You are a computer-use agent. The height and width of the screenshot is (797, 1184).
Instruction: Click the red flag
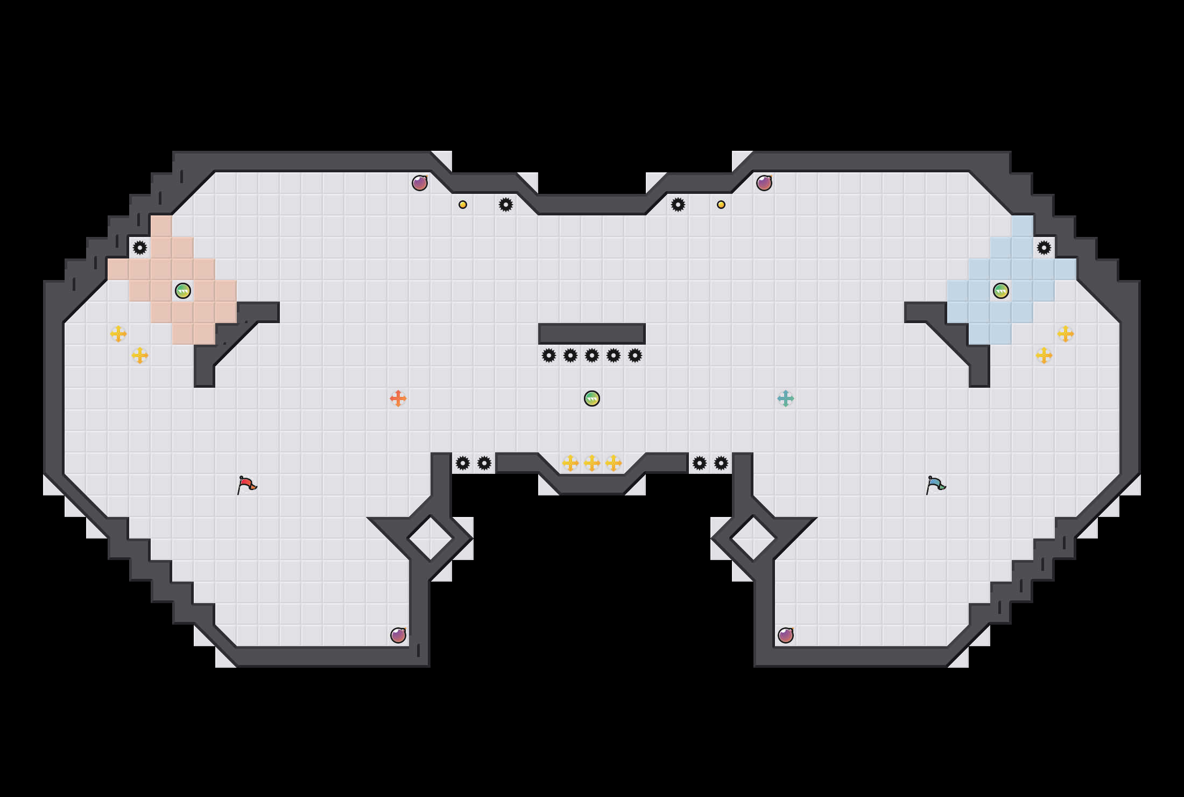tap(246, 485)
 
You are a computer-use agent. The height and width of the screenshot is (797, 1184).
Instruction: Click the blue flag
tap(935, 485)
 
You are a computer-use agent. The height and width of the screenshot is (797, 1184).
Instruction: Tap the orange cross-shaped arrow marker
tap(398, 398)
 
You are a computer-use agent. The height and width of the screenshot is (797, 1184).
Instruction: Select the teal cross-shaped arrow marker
tap(786, 398)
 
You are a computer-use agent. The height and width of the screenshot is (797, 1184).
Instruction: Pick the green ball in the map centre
tap(592, 398)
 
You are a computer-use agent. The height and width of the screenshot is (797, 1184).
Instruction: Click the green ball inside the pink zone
tap(183, 291)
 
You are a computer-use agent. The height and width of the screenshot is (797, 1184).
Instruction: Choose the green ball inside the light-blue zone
tap(1001, 291)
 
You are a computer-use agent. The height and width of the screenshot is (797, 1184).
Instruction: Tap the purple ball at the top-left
tap(420, 183)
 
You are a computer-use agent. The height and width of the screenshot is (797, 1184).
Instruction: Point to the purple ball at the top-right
tap(764, 183)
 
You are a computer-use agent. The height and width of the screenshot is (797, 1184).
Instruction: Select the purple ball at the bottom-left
tap(398, 635)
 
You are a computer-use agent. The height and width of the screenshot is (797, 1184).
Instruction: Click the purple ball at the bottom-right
tap(786, 635)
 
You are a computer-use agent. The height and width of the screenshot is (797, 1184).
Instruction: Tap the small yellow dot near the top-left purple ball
tap(463, 205)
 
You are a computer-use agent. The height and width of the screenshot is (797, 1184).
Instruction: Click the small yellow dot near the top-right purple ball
tap(721, 205)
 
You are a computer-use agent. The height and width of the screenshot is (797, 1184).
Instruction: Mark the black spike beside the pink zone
tap(140, 248)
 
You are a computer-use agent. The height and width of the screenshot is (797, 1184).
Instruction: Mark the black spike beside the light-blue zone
tap(1044, 248)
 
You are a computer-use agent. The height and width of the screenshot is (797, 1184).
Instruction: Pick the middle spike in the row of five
tap(592, 355)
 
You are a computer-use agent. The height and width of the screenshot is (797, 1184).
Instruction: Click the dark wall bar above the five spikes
tap(592, 334)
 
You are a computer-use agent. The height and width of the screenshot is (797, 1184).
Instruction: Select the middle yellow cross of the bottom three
tap(592, 463)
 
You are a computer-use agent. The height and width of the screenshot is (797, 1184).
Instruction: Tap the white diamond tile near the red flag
tap(431, 538)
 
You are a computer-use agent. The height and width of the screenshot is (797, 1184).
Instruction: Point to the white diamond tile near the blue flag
tap(753, 538)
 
